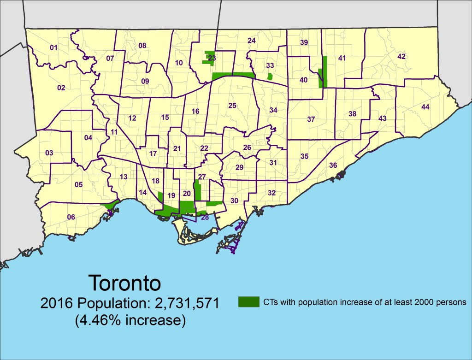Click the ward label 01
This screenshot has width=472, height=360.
pyautogui.click(x=53, y=47)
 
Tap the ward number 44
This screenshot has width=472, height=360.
pyautogui.click(x=425, y=107)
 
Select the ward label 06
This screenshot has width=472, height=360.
pyautogui.click(x=71, y=218)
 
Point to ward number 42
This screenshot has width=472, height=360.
pyautogui.click(x=401, y=56)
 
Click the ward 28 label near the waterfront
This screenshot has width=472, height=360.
pyautogui.click(x=205, y=217)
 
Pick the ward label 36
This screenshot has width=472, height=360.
pyautogui.click(x=333, y=165)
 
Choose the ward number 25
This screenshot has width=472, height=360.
pyautogui.click(x=232, y=106)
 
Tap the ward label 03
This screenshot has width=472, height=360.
pyautogui.click(x=49, y=153)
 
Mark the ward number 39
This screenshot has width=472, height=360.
pyautogui.click(x=304, y=42)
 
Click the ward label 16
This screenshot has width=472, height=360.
pyautogui.click(x=195, y=111)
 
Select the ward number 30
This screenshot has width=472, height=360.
pyautogui.click(x=234, y=201)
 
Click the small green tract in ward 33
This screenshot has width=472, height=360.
pyautogui.click(x=270, y=76)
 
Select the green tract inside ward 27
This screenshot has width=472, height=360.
pyautogui.click(x=197, y=191)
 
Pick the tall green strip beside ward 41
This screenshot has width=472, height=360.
pyautogui.click(x=325, y=71)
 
